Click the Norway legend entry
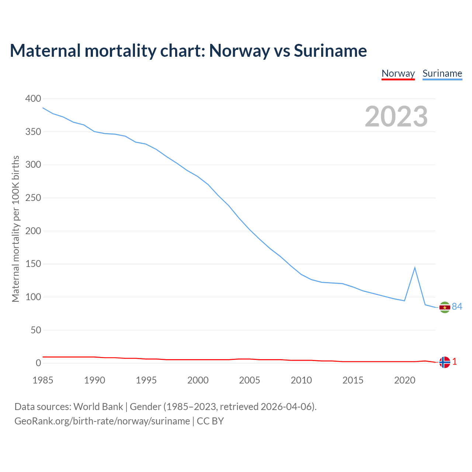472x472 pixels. [x=398, y=73]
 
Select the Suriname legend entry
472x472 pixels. [x=442, y=73]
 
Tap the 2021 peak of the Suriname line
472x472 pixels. [x=415, y=268]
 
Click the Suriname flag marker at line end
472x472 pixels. [x=445, y=307]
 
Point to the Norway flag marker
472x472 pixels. [x=445, y=362]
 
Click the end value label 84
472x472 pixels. [x=457, y=306]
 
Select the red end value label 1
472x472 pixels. [x=455, y=362]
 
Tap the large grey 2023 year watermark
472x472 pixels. [x=396, y=117]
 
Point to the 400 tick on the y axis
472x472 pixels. [x=33, y=98]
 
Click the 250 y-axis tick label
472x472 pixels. [x=33, y=198]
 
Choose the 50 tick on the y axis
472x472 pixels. [x=36, y=330]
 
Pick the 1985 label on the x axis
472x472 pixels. [x=43, y=380]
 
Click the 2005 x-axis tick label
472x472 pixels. [x=250, y=380]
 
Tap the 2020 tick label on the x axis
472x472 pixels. [x=405, y=380]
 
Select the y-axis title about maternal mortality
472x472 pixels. [x=15, y=229]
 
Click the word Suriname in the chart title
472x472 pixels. [x=330, y=51]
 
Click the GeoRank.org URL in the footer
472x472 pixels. [x=102, y=421]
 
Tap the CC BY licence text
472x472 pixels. [x=210, y=421]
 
